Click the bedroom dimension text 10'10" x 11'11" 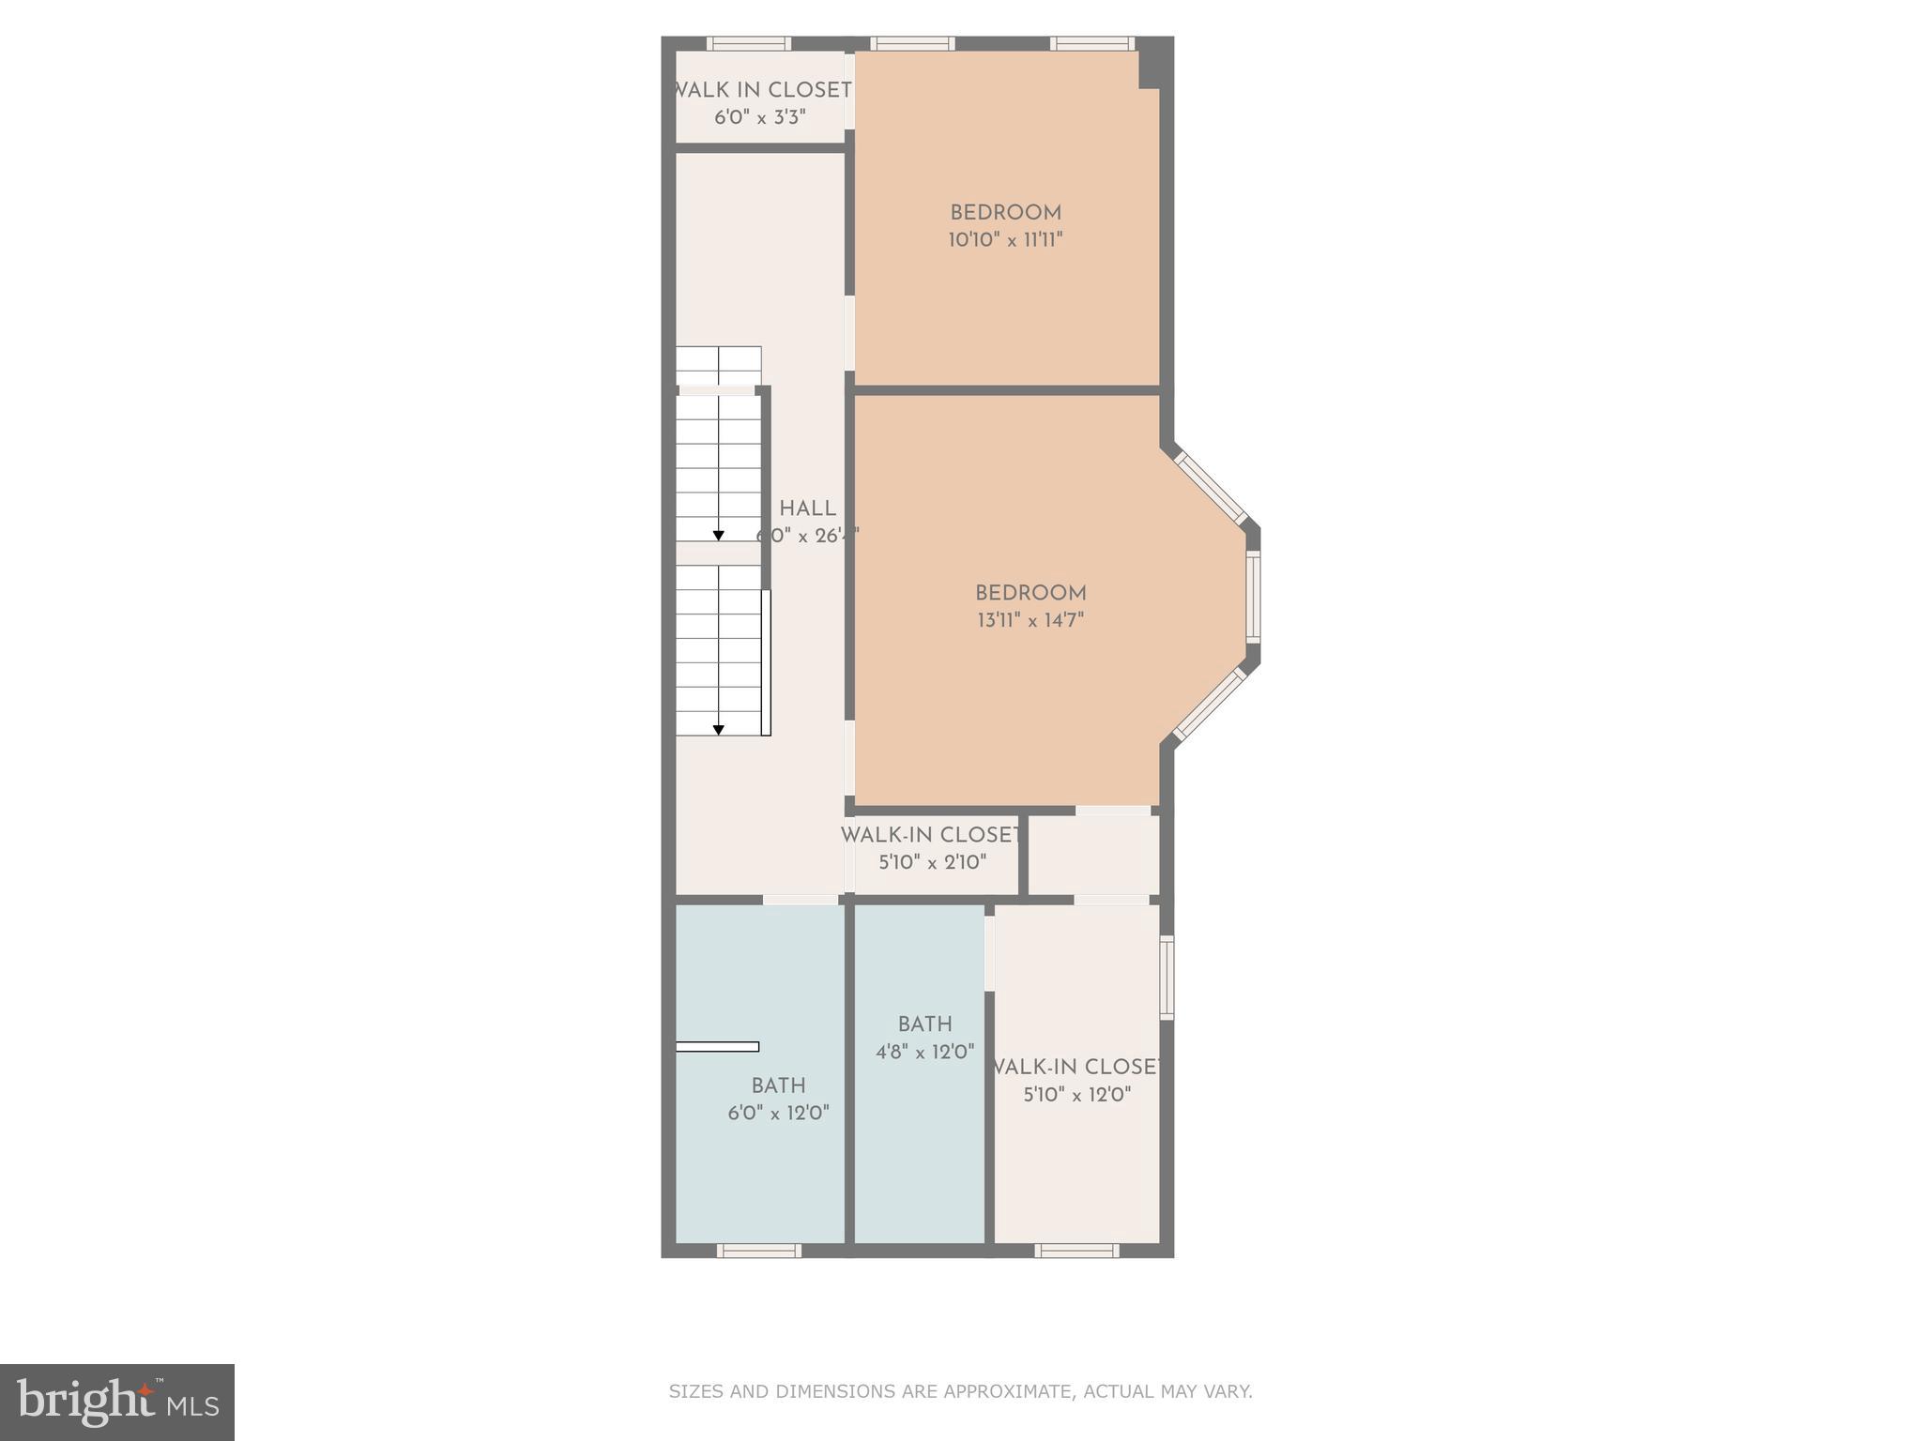point(1005,240)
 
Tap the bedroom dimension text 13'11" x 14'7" point(1030,620)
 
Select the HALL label point(807,509)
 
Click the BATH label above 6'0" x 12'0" point(778,1085)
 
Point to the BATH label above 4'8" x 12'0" point(924,1024)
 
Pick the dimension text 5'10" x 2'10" point(932,862)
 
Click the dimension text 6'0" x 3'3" point(760,117)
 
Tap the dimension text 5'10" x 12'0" point(1076,1095)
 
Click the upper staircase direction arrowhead point(719,536)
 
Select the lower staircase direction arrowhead point(719,729)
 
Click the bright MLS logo point(117,1403)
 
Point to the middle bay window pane point(1253,597)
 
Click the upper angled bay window point(1211,488)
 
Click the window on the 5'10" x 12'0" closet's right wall point(1167,978)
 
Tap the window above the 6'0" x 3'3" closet point(748,43)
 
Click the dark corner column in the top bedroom point(1150,70)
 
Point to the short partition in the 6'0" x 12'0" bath point(718,1046)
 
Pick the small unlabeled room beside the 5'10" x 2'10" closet point(1094,855)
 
